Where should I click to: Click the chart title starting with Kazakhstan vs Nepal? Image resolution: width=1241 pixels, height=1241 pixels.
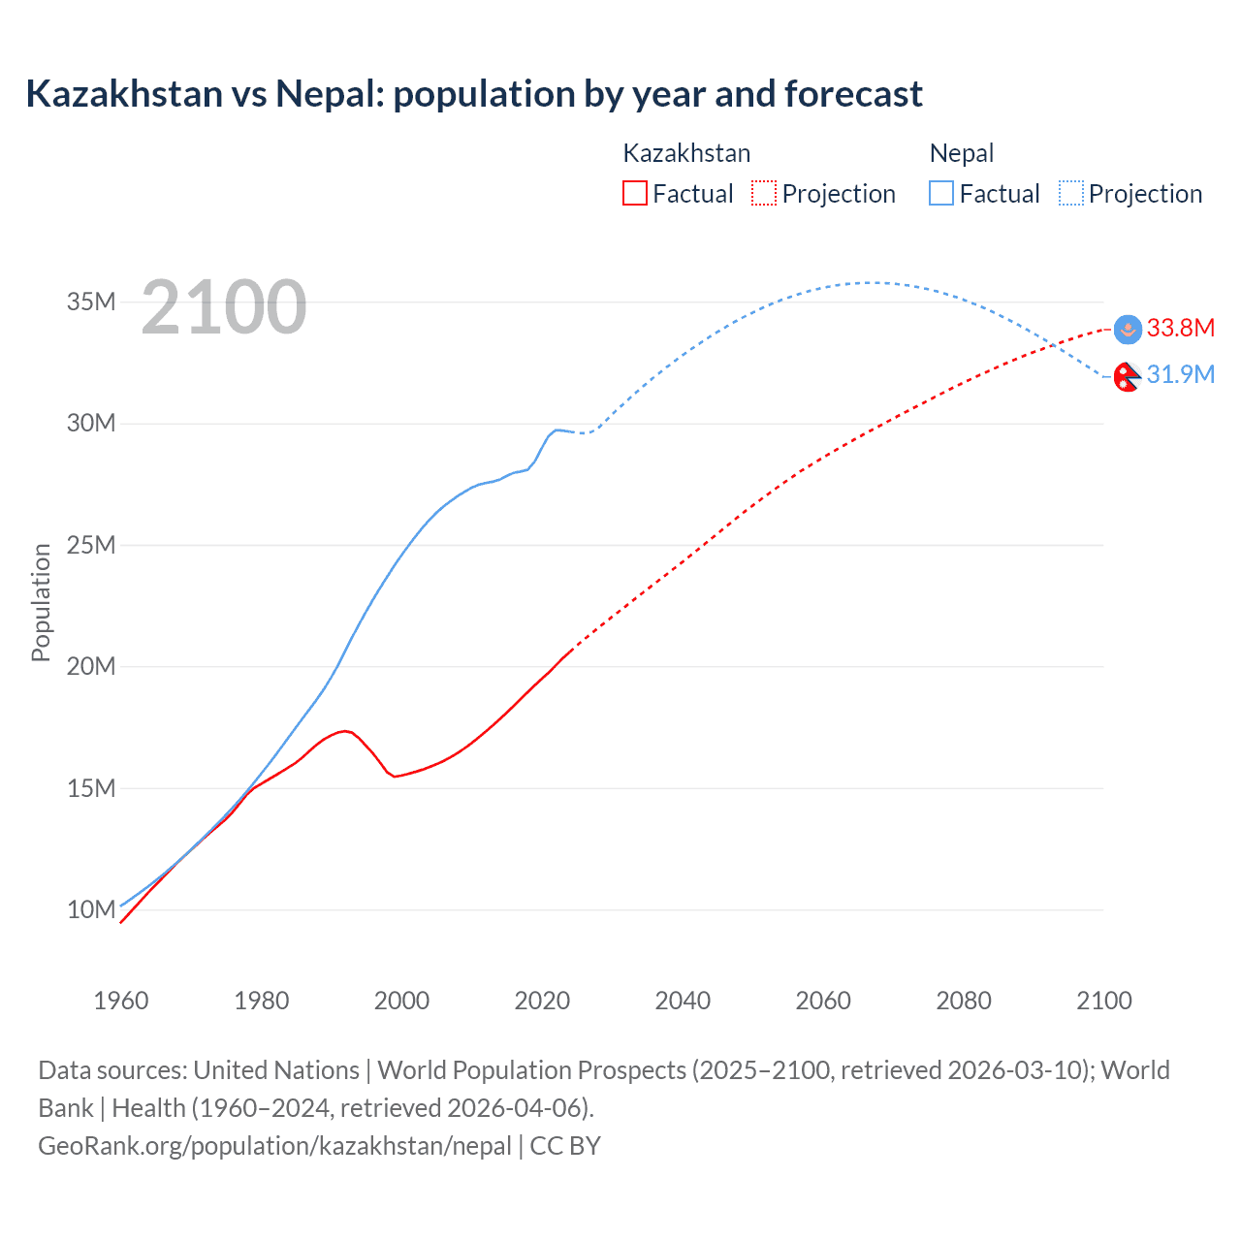pyautogui.click(x=474, y=94)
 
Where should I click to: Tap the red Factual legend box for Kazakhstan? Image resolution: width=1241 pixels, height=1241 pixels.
pyautogui.click(x=634, y=193)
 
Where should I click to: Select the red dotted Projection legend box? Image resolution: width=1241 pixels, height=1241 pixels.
pyautogui.click(x=764, y=193)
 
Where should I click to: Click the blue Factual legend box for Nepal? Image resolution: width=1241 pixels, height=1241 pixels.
pyautogui.click(x=940, y=193)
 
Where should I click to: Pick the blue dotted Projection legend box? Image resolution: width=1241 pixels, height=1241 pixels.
pyautogui.click(x=1070, y=193)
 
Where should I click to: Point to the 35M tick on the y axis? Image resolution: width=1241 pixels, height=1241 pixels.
pyautogui.click(x=91, y=302)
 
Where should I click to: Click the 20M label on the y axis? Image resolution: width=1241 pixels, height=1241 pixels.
pyautogui.click(x=91, y=666)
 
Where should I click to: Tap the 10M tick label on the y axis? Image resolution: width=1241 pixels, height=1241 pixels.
pyautogui.click(x=91, y=909)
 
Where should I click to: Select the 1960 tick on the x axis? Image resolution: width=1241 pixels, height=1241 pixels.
pyautogui.click(x=121, y=1001)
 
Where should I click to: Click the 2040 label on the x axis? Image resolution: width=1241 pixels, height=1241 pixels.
pyautogui.click(x=683, y=1001)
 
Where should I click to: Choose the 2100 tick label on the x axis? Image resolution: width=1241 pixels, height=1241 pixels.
pyautogui.click(x=1103, y=1001)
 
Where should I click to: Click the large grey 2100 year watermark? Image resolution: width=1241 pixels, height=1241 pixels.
pyautogui.click(x=224, y=307)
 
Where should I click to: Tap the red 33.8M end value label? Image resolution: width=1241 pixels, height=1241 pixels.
pyautogui.click(x=1180, y=328)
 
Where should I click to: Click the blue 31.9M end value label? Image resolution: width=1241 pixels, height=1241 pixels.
pyautogui.click(x=1180, y=374)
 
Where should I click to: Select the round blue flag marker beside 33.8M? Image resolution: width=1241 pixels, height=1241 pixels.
pyautogui.click(x=1128, y=330)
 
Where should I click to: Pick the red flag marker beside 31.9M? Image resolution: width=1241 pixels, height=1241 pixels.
pyautogui.click(x=1127, y=376)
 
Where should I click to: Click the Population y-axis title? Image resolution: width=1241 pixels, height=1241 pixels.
pyautogui.click(x=41, y=602)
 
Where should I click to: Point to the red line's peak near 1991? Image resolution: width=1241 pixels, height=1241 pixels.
pyautogui.click(x=343, y=730)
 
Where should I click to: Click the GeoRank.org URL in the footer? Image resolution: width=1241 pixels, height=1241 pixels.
pyautogui.click(x=274, y=1146)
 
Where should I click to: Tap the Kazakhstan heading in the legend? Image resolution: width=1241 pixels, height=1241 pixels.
pyautogui.click(x=686, y=153)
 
